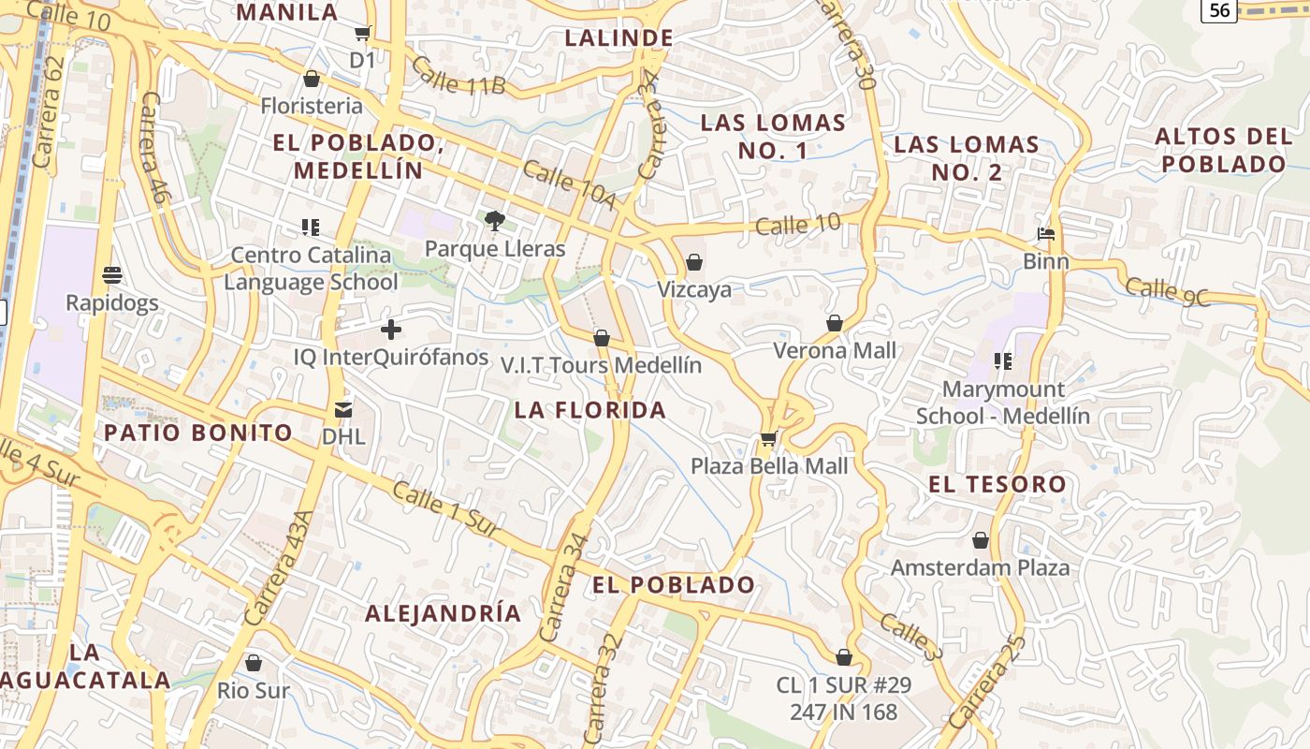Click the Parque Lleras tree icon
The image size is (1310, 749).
click(x=495, y=221)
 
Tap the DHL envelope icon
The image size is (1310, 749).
click(x=343, y=409)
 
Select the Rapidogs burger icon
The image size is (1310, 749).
click(x=112, y=275)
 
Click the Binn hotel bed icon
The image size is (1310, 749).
click(x=1046, y=233)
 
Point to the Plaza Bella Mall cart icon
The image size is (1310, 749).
click(x=768, y=438)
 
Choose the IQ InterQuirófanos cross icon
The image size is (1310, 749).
click(x=391, y=330)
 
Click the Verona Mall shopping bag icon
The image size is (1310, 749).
click(x=835, y=323)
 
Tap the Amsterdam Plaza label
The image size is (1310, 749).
click(x=980, y=567)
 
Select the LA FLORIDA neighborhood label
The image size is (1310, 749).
click(x=590, y=410)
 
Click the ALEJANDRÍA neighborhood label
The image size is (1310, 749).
click(x=443, y=613)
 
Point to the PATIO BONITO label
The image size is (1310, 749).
click(x=198, y=433)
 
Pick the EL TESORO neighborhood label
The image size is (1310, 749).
click(x=997, y=484)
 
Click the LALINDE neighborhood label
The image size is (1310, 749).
click(x=619, y=37)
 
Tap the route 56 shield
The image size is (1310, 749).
click(x=1219, y=10)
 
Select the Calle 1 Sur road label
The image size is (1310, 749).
click(x=444, y=509)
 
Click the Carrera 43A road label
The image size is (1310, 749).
click(x=276, y=568)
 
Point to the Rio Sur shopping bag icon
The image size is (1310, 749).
click(x=253, y=663)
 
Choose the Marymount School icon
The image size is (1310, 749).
click(x=1003, y=361)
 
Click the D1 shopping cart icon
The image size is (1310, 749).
click(x=362, y=34)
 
